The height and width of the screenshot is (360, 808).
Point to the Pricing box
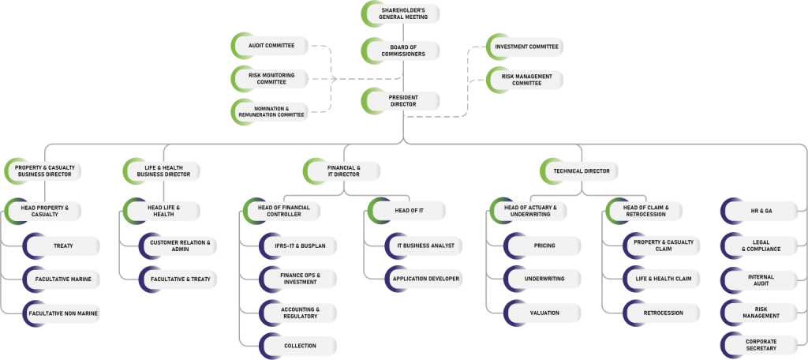pos(542,246)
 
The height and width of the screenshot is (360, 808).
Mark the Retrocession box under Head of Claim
pos(661,312)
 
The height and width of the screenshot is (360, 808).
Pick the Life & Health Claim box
pos(661,279)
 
